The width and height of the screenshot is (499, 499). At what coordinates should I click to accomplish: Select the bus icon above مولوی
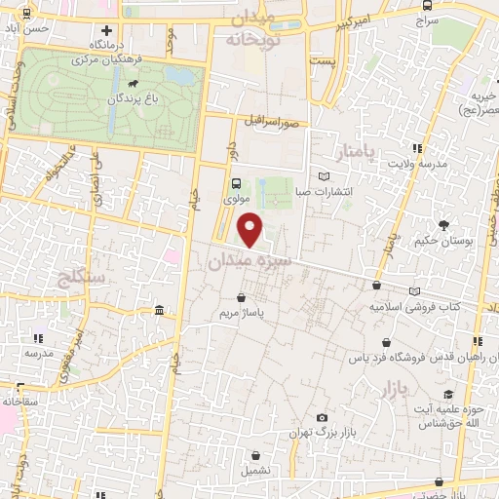236,183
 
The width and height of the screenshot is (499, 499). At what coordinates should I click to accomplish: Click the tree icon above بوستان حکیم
444,224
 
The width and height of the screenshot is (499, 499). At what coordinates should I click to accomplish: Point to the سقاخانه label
19,400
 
